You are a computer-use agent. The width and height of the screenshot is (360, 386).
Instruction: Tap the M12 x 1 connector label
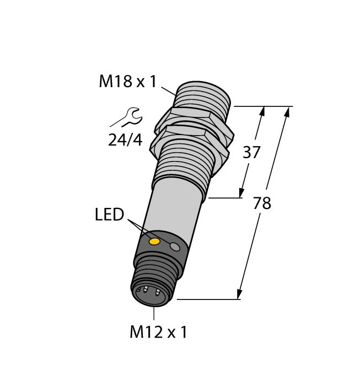158,333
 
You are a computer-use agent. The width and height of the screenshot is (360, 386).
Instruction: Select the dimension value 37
251,153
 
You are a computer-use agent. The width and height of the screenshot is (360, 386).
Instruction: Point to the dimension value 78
262,203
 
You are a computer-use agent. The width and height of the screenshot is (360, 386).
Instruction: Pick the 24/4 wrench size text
125,140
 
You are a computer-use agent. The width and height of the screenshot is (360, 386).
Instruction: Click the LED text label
109,215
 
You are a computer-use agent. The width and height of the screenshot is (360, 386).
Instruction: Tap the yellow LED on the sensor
155,242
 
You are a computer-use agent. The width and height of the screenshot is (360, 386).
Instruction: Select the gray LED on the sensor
175,248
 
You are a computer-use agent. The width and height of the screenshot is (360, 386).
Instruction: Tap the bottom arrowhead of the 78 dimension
240,293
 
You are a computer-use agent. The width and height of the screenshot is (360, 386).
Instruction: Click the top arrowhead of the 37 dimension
261,111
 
